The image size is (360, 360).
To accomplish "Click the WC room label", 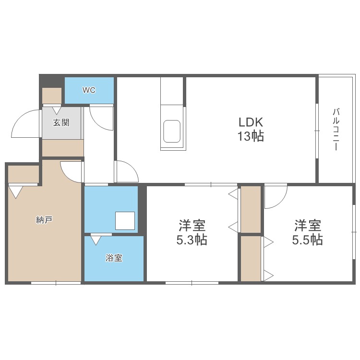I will (x=89, y=90).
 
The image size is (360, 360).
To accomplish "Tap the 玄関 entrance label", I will (x=61, y=122).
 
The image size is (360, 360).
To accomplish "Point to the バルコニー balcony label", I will (x=336, y=130).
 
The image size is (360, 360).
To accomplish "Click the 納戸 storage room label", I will (x=44, y=220).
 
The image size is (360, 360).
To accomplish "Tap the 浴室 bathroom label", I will (x=114, y=258).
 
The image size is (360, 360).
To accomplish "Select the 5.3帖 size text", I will (x=192, y=240).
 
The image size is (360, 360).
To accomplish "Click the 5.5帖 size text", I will (x=307, y=240).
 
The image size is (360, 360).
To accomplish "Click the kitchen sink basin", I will (x=172, y=131).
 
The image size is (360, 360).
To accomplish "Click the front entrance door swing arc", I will (x=25, y=124).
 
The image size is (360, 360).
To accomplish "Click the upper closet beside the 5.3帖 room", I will (x=250, y=209).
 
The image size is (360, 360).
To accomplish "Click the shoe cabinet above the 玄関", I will (x=52, y=96).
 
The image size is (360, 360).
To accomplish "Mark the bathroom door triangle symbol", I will (x=96, y=239).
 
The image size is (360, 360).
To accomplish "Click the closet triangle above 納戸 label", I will (x=16, y=192).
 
